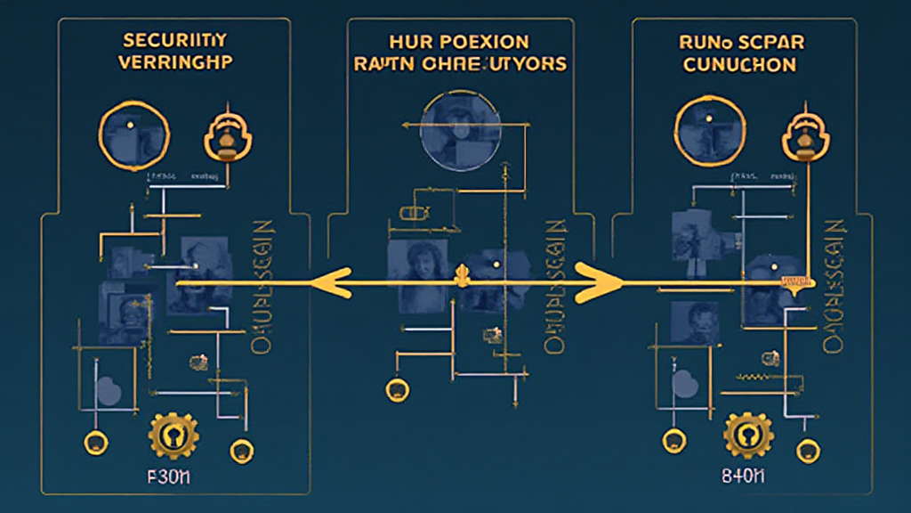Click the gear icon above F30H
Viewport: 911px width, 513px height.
173,435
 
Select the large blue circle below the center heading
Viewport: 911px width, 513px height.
455,133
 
